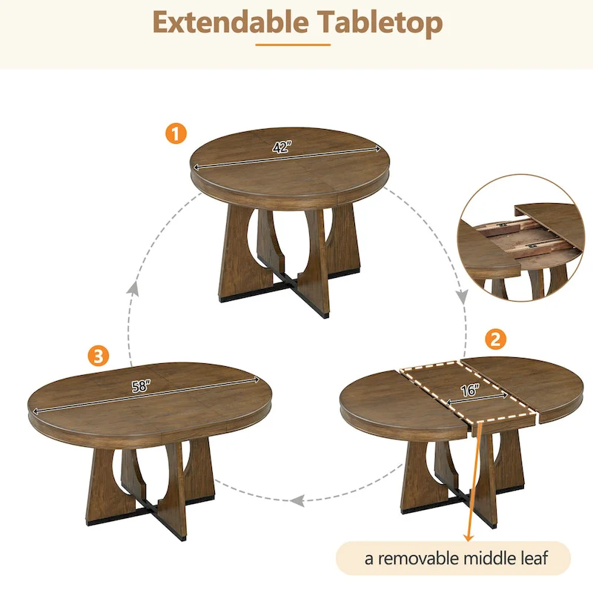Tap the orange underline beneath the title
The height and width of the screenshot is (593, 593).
296,44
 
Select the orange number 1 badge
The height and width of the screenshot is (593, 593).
175,134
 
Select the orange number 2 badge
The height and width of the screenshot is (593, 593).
495,340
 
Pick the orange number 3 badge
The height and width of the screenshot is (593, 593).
95,355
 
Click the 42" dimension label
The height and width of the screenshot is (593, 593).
281,147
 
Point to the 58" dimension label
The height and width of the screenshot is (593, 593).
138,385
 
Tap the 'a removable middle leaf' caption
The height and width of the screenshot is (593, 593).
456,558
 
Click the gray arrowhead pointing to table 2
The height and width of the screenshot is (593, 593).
461,298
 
